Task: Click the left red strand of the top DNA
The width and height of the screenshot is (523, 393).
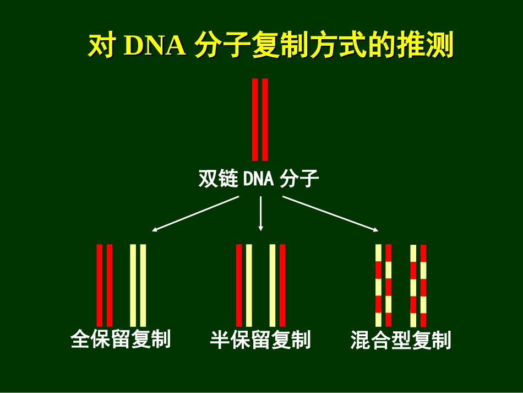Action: tap(255, 119)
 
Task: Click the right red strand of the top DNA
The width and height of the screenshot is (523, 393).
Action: tap(265, 119)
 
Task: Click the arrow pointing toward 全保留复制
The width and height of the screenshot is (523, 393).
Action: tap(195, 214)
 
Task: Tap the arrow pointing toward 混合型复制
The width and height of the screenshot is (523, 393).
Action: tap(330, 214)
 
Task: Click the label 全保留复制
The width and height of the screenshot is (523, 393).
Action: tap(121, 339)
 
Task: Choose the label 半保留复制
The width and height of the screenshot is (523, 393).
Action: tap(260, 340)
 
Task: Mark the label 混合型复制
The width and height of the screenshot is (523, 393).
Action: tap(401, 340)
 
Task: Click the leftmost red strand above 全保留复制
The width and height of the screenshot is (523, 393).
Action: tap(100, 285)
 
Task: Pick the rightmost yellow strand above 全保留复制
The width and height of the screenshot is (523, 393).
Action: tap(143, 285)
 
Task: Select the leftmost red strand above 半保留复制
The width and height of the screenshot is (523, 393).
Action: tap(239, 285)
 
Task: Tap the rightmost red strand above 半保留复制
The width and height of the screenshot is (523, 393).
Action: tap(282, 285)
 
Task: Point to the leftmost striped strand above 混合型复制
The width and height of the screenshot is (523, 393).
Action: tap(378, 285)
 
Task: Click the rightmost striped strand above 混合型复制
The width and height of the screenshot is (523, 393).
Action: tap(423, 286)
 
